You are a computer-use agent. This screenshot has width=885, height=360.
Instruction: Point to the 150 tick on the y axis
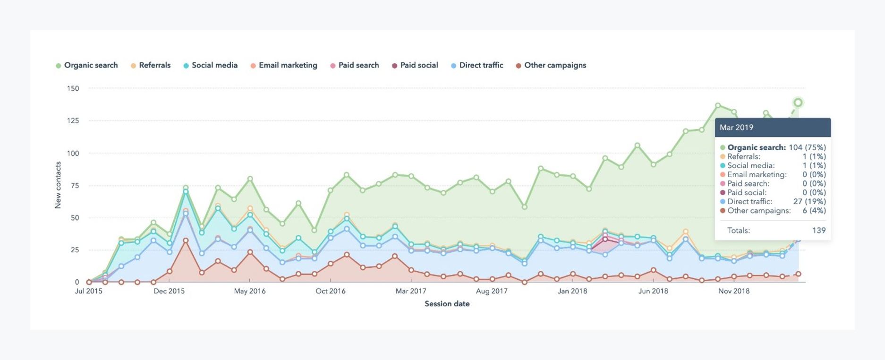pos(73,88)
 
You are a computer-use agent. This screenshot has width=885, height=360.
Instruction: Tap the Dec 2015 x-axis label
pos(169,291)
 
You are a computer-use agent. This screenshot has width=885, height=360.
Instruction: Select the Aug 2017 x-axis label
pos(492,291)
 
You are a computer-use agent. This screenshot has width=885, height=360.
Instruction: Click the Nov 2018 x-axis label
pos(733,291)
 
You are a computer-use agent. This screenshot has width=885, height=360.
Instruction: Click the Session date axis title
pos(447,304)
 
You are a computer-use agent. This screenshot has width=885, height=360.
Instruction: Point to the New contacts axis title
pos(58,185)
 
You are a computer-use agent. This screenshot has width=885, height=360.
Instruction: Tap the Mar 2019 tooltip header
pos(736,128)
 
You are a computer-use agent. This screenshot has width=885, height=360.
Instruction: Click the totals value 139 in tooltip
pos(818,231)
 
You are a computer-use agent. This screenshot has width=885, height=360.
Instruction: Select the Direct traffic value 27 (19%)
pos(809,201)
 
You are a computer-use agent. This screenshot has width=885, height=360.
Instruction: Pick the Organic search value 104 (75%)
pos(807,147)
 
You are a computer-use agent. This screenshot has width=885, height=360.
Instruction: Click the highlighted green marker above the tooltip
pos(798,103)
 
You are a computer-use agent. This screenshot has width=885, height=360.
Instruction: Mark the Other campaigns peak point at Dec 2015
pos(186,240)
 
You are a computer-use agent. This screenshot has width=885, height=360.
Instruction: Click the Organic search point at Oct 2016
pos(331,190)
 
